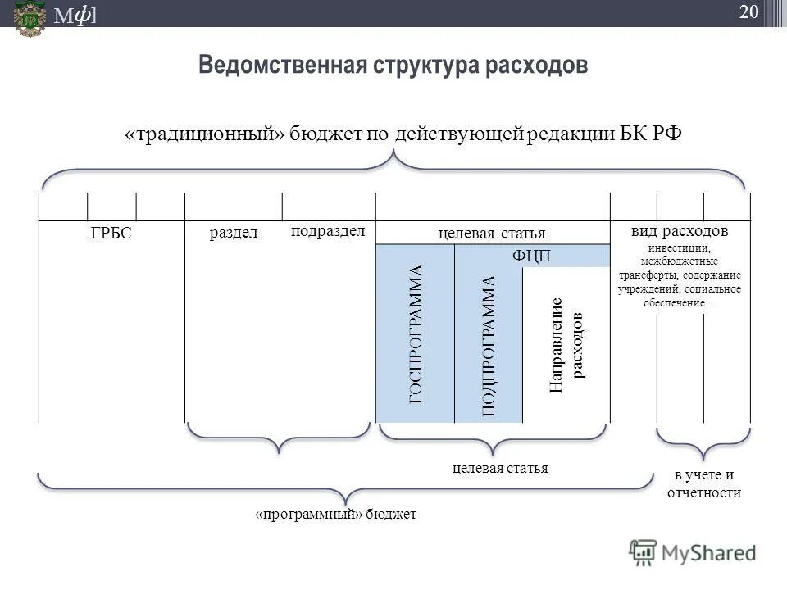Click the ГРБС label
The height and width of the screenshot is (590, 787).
click(111, 234)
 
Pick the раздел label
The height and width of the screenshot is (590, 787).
click(234, 233)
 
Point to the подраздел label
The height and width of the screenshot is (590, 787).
click(328, 230)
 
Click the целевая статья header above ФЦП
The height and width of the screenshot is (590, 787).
click(492, 234)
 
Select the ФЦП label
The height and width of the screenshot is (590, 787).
click(531, 256)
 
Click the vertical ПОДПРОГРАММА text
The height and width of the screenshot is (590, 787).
click(489, 346)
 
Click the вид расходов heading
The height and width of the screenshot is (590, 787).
click(680, 231)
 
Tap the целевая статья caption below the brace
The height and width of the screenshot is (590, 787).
click(500, 468)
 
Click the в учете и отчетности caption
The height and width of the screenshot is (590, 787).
click(703, 484)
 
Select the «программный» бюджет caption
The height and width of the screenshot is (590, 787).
click(335, 514)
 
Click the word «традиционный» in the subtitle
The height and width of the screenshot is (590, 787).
click(210, 134)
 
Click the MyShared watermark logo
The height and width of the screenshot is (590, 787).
click(693, 553)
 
